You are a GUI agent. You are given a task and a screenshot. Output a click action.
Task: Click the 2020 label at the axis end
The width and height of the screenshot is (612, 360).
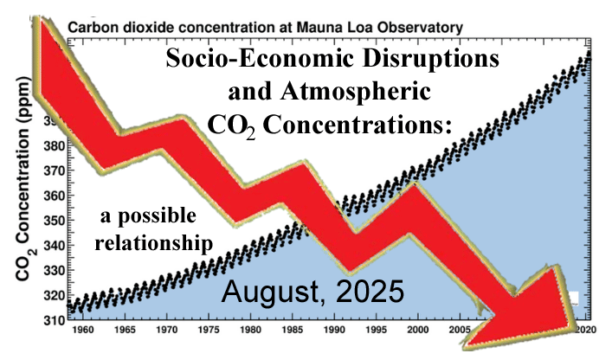tap(588, 330)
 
